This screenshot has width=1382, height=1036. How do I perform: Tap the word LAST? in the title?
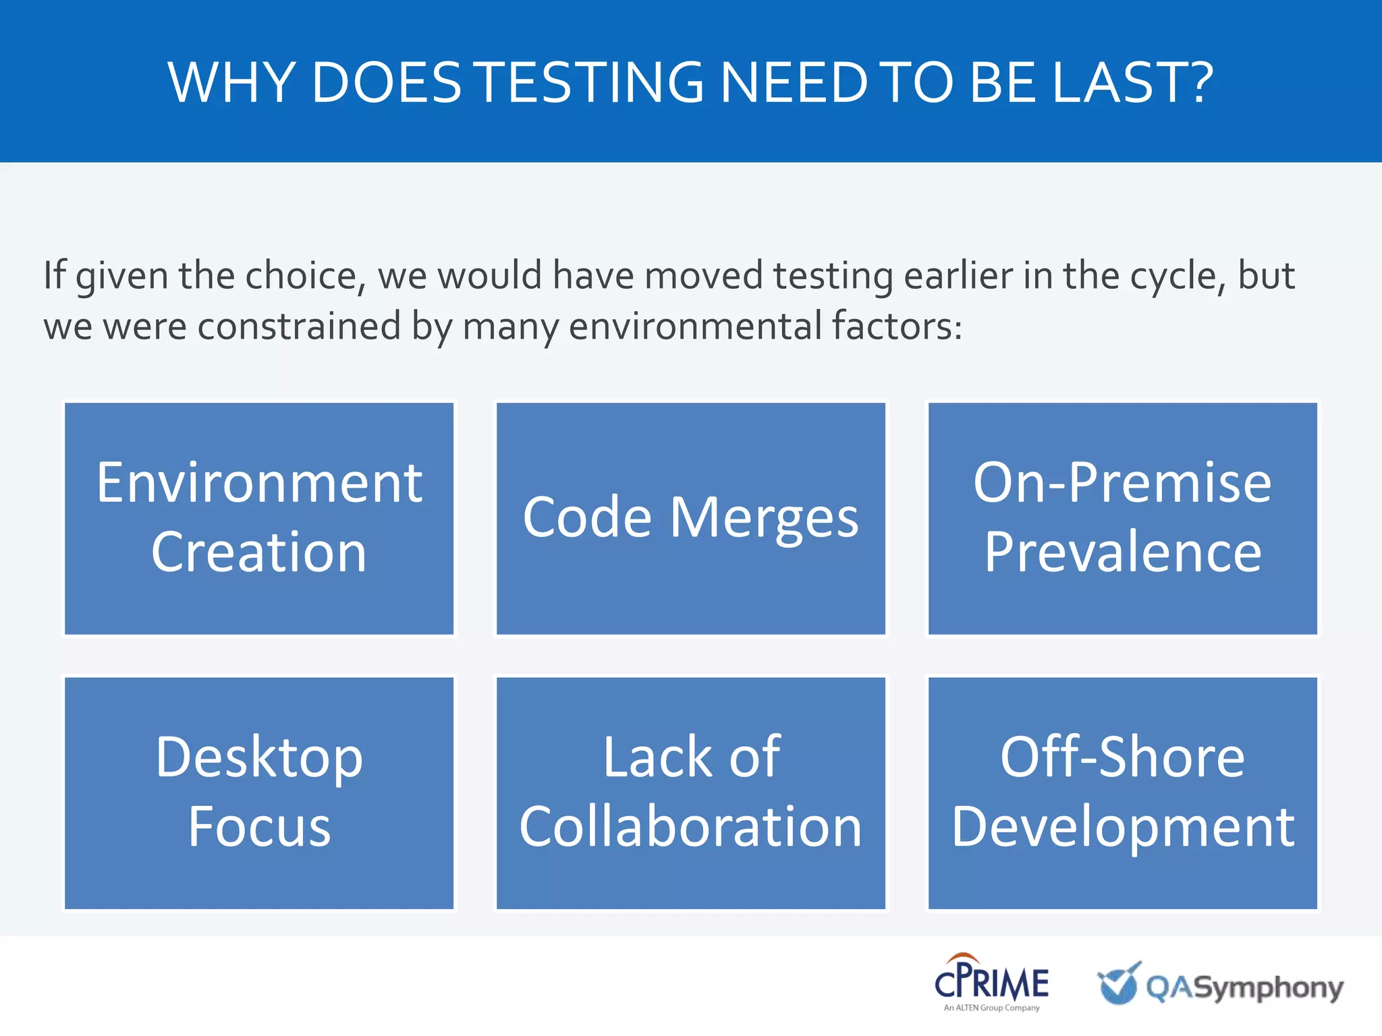(x=1132, y=82)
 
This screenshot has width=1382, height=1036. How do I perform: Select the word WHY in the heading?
(x=229, y=82)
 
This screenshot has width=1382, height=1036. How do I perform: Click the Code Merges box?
(x=690, y=518)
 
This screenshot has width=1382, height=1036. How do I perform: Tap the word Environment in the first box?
(x=259, y=483)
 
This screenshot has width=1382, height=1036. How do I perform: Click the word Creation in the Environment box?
(x=259, y=552)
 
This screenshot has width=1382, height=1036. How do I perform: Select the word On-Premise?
(x=1122, y=483)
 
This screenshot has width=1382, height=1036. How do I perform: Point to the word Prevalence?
(x=1122, y=552)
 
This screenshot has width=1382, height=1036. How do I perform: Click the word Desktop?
(x=259, y=758)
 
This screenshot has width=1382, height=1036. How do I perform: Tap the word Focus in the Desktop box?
(x=259, y=827)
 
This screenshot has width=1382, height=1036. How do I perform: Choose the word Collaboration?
(x=690, y=827)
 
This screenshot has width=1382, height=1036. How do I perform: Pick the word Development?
(x=1122, y=827)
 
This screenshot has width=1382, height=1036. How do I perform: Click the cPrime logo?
(x=991, y=982)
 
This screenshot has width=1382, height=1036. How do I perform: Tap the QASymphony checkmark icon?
(x=1119, y=983)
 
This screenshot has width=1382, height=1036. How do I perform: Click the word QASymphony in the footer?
(x=1244, y=987)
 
